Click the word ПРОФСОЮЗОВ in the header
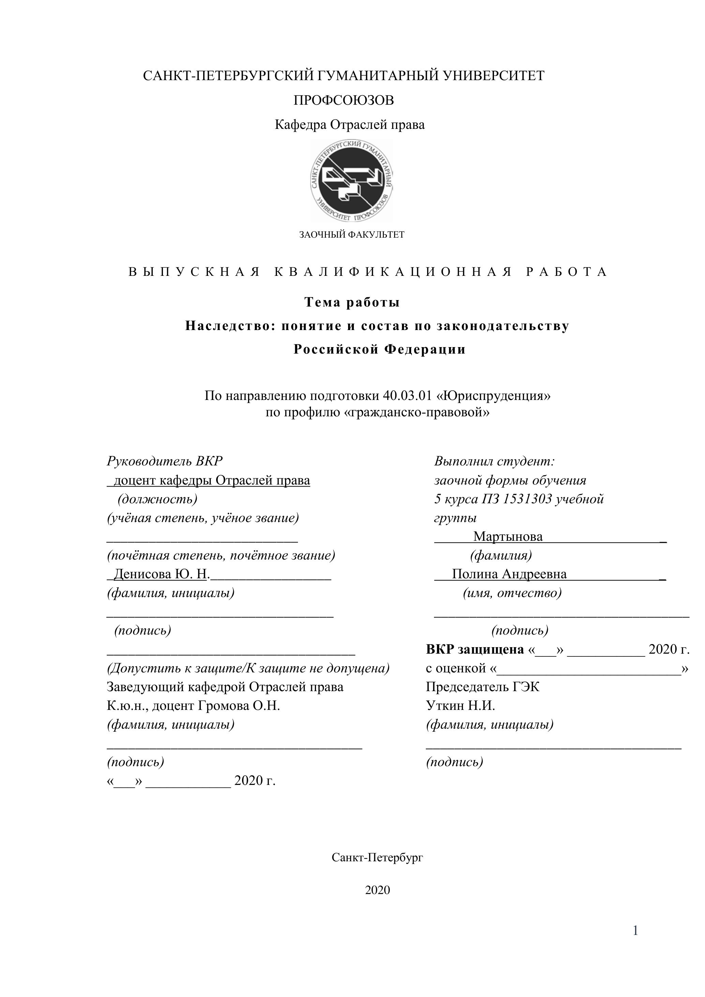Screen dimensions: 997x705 click(344, 100)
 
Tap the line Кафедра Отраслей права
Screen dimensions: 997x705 click(349, 125)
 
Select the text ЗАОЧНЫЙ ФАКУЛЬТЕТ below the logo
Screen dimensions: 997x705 click(351, 235)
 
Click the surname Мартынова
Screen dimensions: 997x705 click(508, 536)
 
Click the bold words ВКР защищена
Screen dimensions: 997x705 click(475, 649)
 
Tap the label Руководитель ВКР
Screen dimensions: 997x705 click(165, 461)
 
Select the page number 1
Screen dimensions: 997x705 click(635, 943)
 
